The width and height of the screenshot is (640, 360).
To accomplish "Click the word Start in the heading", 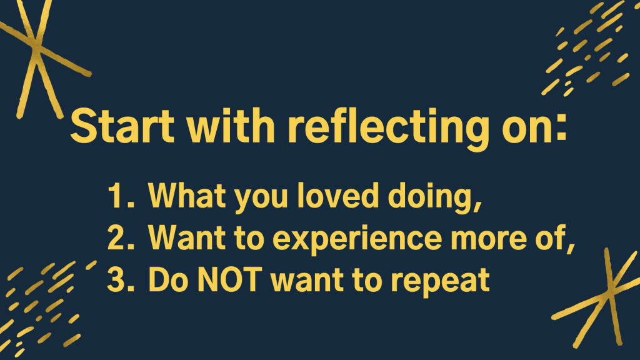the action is pyautogui.click(x=122, y=125).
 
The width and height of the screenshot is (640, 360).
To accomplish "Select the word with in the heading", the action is pyautogui.click(x=231, y=124).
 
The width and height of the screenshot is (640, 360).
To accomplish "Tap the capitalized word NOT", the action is pyautogui.click(x=229, y=279).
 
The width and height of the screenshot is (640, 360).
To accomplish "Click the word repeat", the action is pyautogui.click(x=440, y=282).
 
